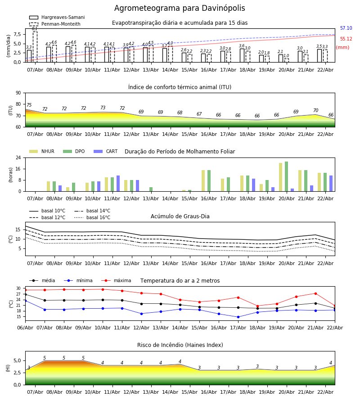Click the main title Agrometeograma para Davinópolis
point(180,9)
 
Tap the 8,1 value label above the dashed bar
point(35,29)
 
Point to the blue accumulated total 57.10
point(346,28)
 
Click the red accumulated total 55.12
point(346,39)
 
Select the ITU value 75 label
point(29,105)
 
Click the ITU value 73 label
point(103,108)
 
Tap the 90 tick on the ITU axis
point(18,93)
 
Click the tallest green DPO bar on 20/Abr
point(286,176)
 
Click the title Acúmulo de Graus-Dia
point(180,216)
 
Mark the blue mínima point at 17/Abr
point(238,317)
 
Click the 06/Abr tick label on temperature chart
point(25,327)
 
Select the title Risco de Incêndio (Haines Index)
point(180,345)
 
